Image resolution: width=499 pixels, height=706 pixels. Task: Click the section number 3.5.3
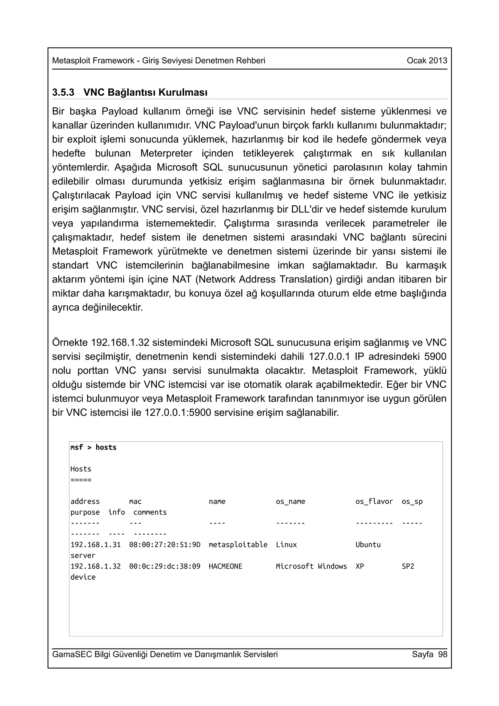click(63, 92)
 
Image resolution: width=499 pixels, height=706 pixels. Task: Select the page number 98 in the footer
click(443, 654)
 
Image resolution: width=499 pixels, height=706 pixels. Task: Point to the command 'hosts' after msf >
click(106, 447)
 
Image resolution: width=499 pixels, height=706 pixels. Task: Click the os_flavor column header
click(374, 502)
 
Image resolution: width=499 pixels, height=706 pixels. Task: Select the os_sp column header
click(412, 502)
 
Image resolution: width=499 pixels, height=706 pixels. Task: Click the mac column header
click(135, 502)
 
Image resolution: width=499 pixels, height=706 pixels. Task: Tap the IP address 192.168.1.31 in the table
click(95, 544)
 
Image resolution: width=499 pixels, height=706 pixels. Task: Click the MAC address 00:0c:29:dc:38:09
click(164, 566)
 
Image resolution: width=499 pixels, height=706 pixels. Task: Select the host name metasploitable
click(238, 544)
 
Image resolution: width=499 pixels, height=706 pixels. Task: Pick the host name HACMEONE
click(225, 566)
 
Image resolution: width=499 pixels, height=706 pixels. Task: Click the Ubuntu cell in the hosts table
click(368, 544)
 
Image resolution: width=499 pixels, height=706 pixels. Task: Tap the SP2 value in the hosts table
click(408, 566)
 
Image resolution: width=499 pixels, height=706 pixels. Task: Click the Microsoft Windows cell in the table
click(311, 566)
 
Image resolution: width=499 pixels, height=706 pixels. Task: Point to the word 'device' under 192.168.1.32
click(83, 577)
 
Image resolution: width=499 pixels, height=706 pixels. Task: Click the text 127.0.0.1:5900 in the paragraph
click(178, 412)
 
